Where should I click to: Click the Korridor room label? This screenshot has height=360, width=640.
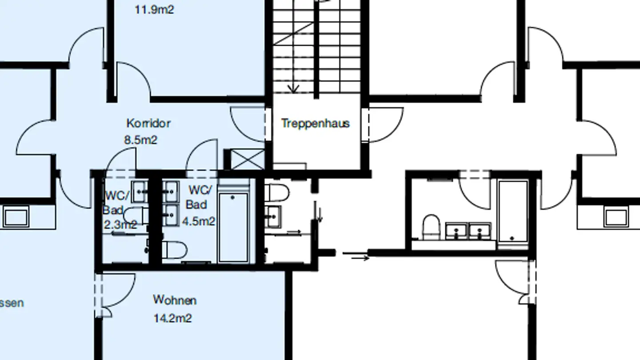[148, 123]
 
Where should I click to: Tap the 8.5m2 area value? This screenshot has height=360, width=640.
[140, 140]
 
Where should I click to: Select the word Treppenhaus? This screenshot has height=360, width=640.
[315, 123]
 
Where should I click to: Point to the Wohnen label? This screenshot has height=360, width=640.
[175, 300]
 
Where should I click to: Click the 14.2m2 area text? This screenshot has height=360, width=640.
[173, 318]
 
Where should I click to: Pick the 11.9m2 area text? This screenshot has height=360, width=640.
[154, 9]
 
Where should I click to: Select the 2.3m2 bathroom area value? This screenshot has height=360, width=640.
[119, 224]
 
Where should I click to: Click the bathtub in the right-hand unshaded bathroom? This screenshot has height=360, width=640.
[513, 211]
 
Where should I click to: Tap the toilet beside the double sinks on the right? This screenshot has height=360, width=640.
[431, 227]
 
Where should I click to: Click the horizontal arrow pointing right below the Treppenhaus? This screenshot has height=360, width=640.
[356, 256]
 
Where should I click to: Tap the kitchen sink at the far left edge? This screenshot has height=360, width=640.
[16, 217]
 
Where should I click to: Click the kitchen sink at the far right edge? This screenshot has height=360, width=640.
[616, 217]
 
